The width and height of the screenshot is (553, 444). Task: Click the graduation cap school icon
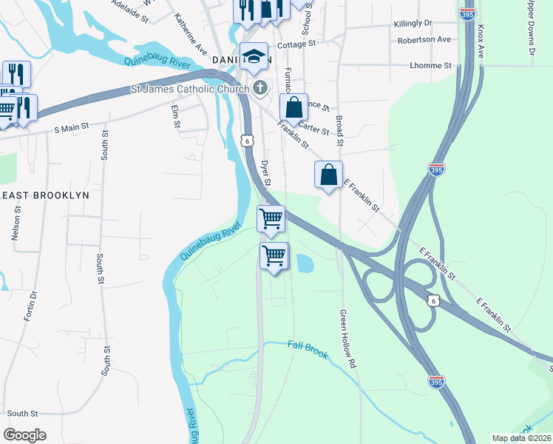tap(254, 55)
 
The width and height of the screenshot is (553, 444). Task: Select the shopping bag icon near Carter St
tap(294, 107)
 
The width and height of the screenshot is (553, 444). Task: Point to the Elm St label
tap(176, 116)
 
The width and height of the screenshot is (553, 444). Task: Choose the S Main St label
tap(72, 127)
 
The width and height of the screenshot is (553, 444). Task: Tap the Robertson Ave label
tap(424, 39)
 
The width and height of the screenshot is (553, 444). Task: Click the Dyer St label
tap(267, 171)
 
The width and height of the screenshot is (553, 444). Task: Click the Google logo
tap(25, 435)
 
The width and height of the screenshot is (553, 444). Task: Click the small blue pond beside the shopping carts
tap(305, 262)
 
